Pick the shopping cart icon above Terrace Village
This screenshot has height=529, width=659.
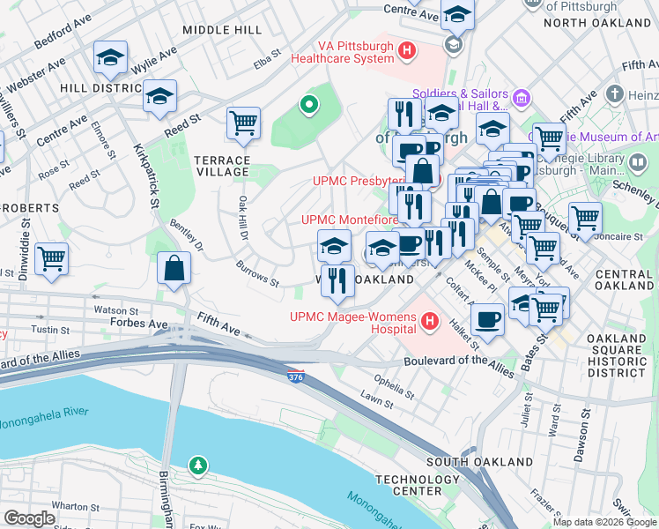click(x=243, y=123)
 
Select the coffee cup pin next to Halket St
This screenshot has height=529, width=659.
click(x=487, y=319)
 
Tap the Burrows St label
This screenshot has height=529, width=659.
click(x=257, y=274)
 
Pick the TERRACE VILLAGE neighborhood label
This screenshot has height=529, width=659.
click(x=222, y=166)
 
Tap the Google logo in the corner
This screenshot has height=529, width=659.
click(x=29, y=518)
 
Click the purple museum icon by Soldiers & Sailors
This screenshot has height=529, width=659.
click(x=521, y=95)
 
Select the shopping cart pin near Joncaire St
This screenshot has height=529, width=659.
click(x=585, y=218)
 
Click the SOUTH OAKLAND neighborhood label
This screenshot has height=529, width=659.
click(x=467, y=462)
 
